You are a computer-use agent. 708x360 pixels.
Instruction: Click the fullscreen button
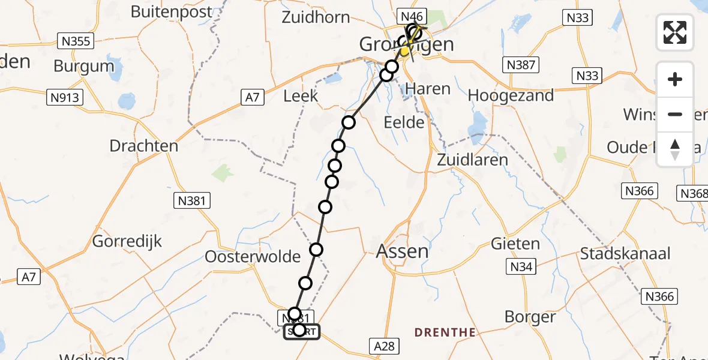click(675, 32)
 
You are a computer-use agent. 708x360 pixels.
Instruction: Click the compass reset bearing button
click(675, 149)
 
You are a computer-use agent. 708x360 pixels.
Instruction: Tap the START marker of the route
click(302, 331)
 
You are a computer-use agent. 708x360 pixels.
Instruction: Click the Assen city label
click(403, 251)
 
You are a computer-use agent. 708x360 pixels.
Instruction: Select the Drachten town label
click(144, 146)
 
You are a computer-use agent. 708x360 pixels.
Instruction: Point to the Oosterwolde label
click(253, 257)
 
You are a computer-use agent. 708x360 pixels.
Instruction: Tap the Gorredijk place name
click(127, 242)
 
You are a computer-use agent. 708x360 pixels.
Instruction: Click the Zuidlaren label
click(472, 160)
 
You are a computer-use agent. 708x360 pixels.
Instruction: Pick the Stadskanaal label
click(625, 253)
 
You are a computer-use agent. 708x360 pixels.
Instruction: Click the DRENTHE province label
click(446, 332)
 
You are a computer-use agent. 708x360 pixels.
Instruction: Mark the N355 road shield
click(76, 41)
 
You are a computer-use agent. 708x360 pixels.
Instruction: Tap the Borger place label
click(530, 316)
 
